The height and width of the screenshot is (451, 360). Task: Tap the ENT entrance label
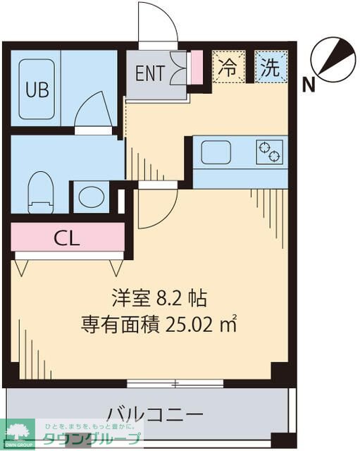149,73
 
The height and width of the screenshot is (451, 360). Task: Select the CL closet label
67,237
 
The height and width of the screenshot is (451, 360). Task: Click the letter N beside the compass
308,86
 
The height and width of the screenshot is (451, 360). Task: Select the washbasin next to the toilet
89,197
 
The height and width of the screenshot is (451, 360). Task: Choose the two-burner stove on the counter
269,150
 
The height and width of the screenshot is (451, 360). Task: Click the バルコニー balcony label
155,413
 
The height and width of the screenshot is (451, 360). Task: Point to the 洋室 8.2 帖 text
158,299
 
